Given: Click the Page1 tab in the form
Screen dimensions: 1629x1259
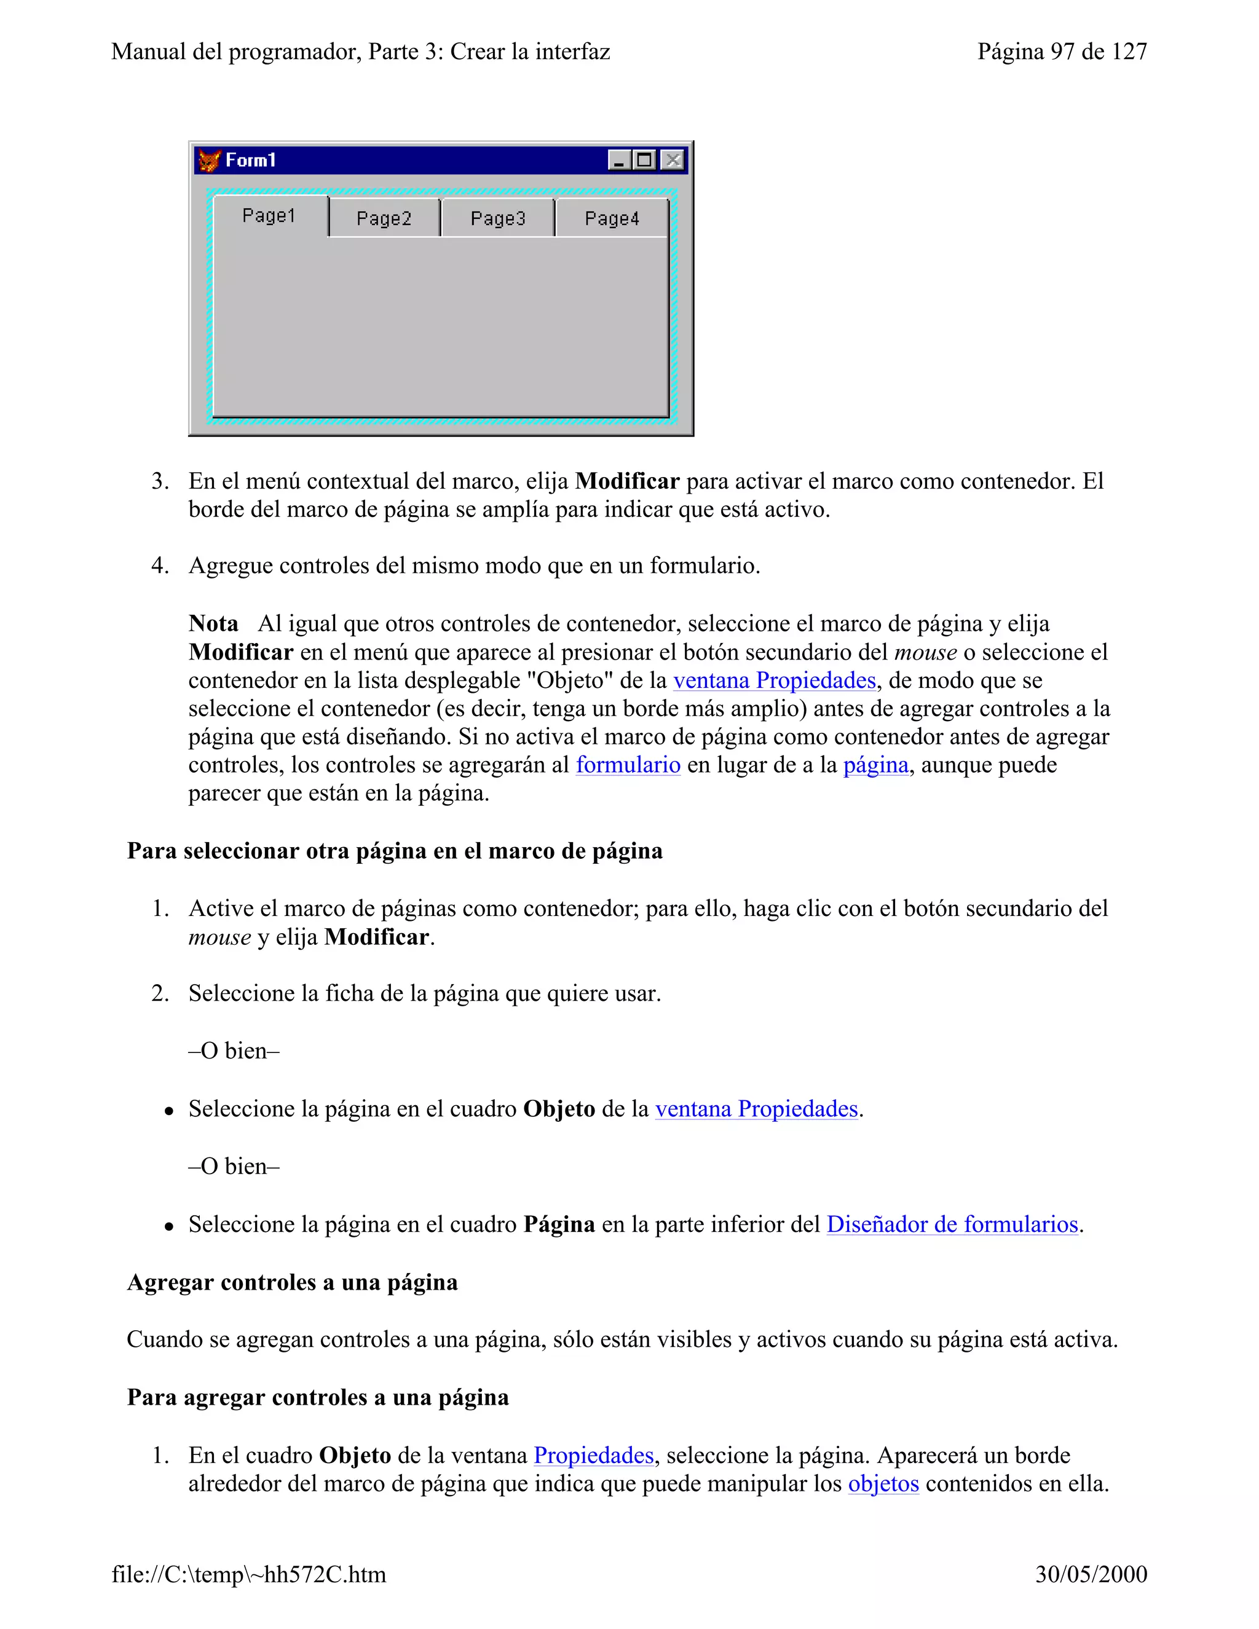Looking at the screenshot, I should click(x=269, y=216).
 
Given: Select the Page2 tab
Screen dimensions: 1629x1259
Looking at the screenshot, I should click(x=384, y=219).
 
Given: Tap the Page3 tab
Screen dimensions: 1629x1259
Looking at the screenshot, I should click(x=497, y=219).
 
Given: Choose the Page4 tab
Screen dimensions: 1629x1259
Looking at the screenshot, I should click(x=612, y=219).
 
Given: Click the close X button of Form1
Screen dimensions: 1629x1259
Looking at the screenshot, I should click(x=673, y=160).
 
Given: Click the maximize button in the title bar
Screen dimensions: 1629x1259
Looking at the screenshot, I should click(x=645, y=160).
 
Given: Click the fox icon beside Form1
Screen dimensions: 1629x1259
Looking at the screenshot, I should click(x=210, y=160).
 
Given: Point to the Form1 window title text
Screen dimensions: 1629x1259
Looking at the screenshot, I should click(x=251, y=160).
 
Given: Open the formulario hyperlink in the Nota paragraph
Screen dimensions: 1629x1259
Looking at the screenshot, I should click(x=628, y=765).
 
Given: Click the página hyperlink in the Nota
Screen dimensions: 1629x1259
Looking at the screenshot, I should click(x=875, y=765).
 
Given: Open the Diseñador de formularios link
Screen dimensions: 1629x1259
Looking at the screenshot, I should click(x=952, y=1224).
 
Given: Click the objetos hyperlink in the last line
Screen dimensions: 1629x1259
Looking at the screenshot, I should click(x=883, y=1483).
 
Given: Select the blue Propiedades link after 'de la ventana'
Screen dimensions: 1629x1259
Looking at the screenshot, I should click(x=594, y=1454).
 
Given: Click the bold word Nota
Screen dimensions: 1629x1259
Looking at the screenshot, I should click(x=213, y=623).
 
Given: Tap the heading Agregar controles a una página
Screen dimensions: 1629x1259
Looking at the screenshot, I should click(x=293, y=1282).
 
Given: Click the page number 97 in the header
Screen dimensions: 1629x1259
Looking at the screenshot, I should click(x=1062, y=52).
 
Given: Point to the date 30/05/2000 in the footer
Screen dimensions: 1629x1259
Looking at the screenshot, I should click(x=1091, y=1574).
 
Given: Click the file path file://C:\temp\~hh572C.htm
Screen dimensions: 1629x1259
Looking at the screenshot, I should click(x=249, y=1574).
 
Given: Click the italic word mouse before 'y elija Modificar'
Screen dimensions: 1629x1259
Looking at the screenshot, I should click(x=219, y=937).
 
